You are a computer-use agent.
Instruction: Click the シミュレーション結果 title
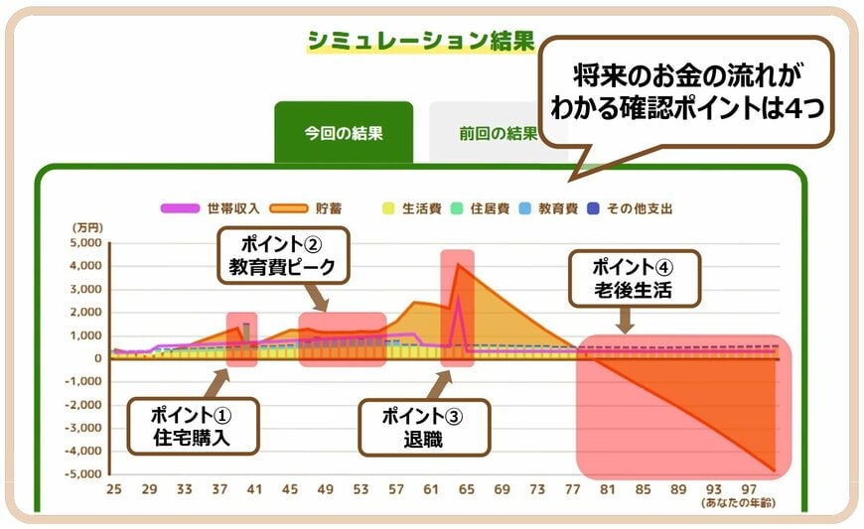420,41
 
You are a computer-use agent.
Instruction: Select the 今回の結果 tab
344,133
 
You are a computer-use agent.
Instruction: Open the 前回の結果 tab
484,133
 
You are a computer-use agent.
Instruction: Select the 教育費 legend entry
557,208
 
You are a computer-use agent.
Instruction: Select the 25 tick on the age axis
113,490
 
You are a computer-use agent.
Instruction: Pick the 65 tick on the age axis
468,490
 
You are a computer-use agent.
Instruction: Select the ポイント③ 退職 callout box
425,427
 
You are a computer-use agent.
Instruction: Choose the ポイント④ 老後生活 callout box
634,277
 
